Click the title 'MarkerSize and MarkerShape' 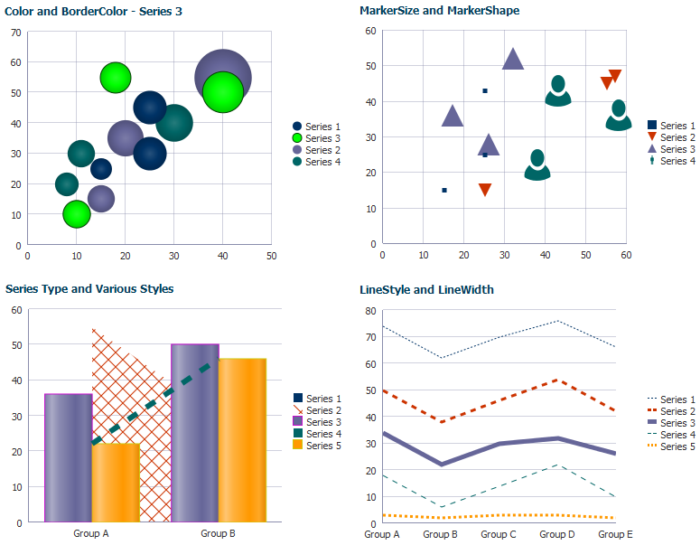point(439,10)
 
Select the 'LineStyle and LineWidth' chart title point(426,289)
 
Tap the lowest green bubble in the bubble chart point(77,214)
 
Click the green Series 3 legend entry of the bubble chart point(316,138)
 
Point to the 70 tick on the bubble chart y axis point(16,33)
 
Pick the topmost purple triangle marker point(513,59)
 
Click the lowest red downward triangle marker point(485,190)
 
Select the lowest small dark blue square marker point(444,191)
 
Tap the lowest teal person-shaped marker point(537,165)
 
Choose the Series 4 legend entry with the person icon point(671,161)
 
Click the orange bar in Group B point(242,440)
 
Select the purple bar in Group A point(69,458)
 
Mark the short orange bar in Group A point(116,483)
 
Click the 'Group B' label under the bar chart point(218,533)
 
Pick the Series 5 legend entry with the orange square point(317,446)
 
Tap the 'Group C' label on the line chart point(499,534)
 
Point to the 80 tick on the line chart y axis point(370,311)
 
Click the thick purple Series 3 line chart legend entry point(671,423)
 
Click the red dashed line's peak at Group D point(556,380)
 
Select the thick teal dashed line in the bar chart point(155,401)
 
